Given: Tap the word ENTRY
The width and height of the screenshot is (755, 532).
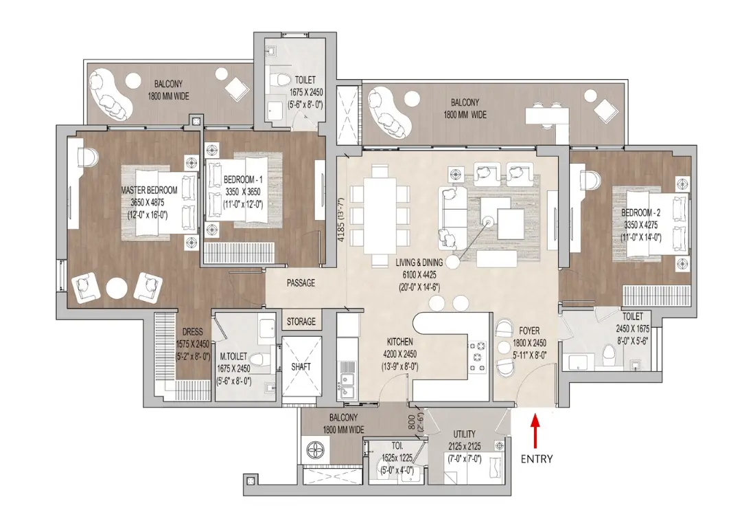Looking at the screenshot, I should pos(536,458).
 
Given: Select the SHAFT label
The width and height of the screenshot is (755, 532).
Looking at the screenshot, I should pos(301,366).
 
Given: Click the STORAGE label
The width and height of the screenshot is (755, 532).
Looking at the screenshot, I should pos(301,322).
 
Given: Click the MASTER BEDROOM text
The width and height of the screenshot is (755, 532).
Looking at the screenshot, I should pos(149,190).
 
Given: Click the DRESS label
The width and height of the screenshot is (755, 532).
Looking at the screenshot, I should pos(191,331).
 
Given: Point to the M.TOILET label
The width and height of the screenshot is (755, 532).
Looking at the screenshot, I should pos(233,357).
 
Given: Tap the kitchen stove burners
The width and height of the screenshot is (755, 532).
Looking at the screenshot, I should pos(477,356).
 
